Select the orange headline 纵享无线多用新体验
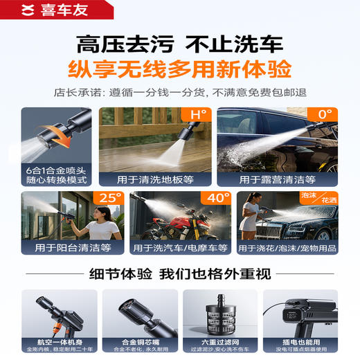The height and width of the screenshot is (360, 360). (179, 70)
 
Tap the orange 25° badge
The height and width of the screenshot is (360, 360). (108, 199)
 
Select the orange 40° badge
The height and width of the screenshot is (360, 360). (215, 199)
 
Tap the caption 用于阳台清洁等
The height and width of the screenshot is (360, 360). (67, 247)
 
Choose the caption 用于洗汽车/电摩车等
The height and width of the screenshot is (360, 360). (180, 247)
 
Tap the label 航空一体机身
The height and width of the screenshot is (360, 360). (56, 341)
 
